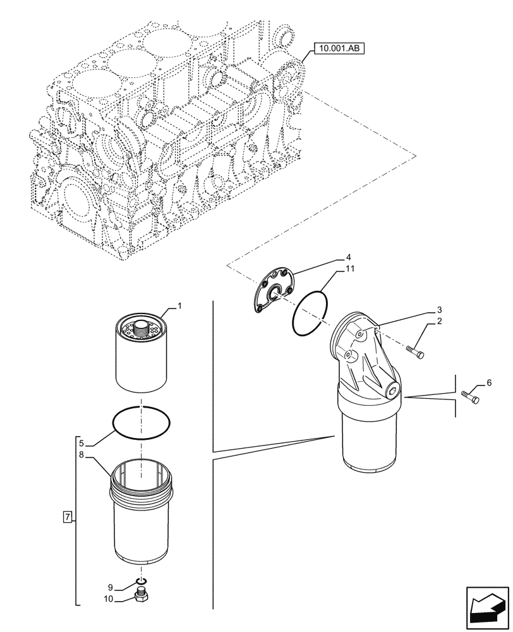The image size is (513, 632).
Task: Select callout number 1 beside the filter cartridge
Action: point(179,307)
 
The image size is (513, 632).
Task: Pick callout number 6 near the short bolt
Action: point(488,383)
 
